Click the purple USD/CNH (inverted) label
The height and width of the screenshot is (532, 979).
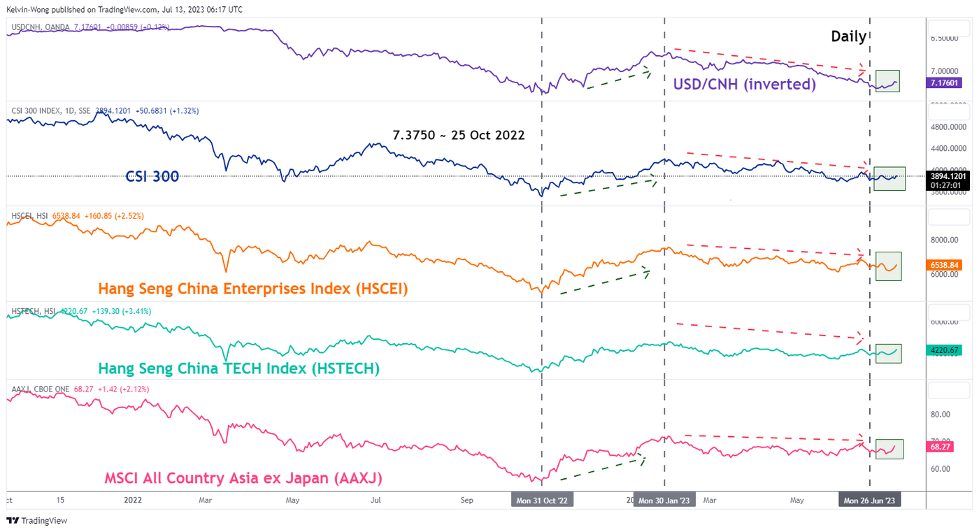tap(744, 85)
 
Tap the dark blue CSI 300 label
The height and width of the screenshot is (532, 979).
tap(152, 177)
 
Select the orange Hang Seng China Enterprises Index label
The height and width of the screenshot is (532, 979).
tap(253, 288)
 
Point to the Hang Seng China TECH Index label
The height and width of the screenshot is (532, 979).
tap(238, 368)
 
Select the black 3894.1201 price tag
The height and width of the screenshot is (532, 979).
tap(948, 177)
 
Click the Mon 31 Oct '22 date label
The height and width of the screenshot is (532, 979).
tap(542, 501)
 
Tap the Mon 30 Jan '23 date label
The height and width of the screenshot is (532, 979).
tap(664, 501)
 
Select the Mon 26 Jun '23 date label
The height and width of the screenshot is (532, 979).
tap(869, 501)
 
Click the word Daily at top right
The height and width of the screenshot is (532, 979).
tap(848, 37)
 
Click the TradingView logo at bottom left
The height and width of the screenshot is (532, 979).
tap(36, 520)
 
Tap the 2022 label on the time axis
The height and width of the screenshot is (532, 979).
tap(132, 501)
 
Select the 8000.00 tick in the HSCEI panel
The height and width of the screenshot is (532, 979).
tap(948, 240)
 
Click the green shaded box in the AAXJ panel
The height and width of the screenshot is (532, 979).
tap(889, 449)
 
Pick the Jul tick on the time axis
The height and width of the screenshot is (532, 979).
tap(376, 501)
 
